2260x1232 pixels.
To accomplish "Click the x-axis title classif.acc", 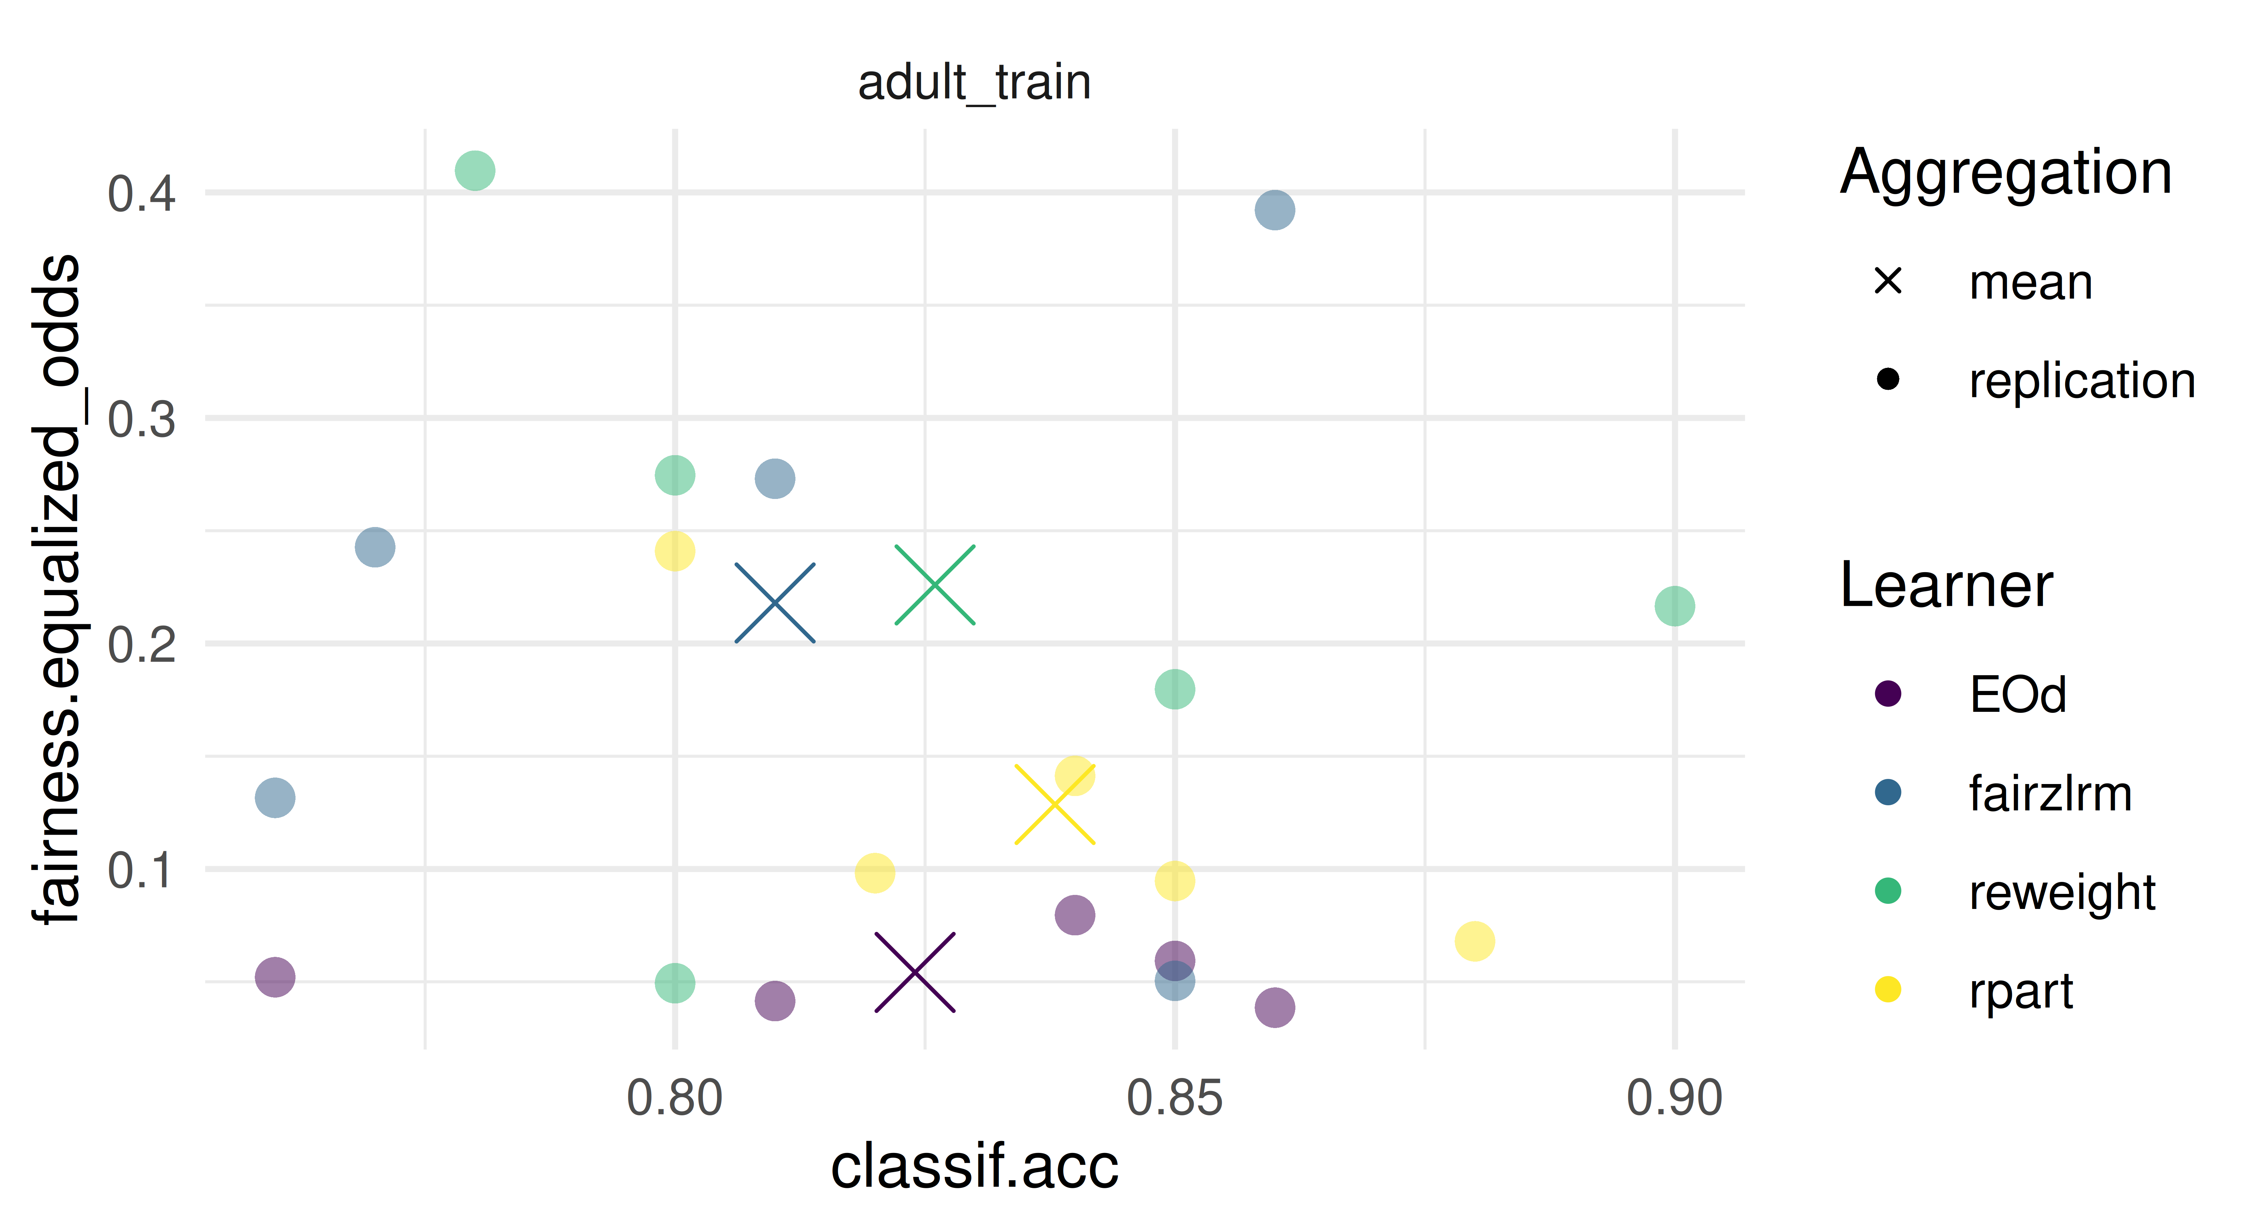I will (974, 1166).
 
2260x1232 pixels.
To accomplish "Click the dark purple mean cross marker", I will (915, 972).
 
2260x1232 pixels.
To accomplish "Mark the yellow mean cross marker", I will (1055, 804).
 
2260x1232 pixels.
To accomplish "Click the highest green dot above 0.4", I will (475, 170).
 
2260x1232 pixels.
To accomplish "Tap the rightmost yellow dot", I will (1474, 941).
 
